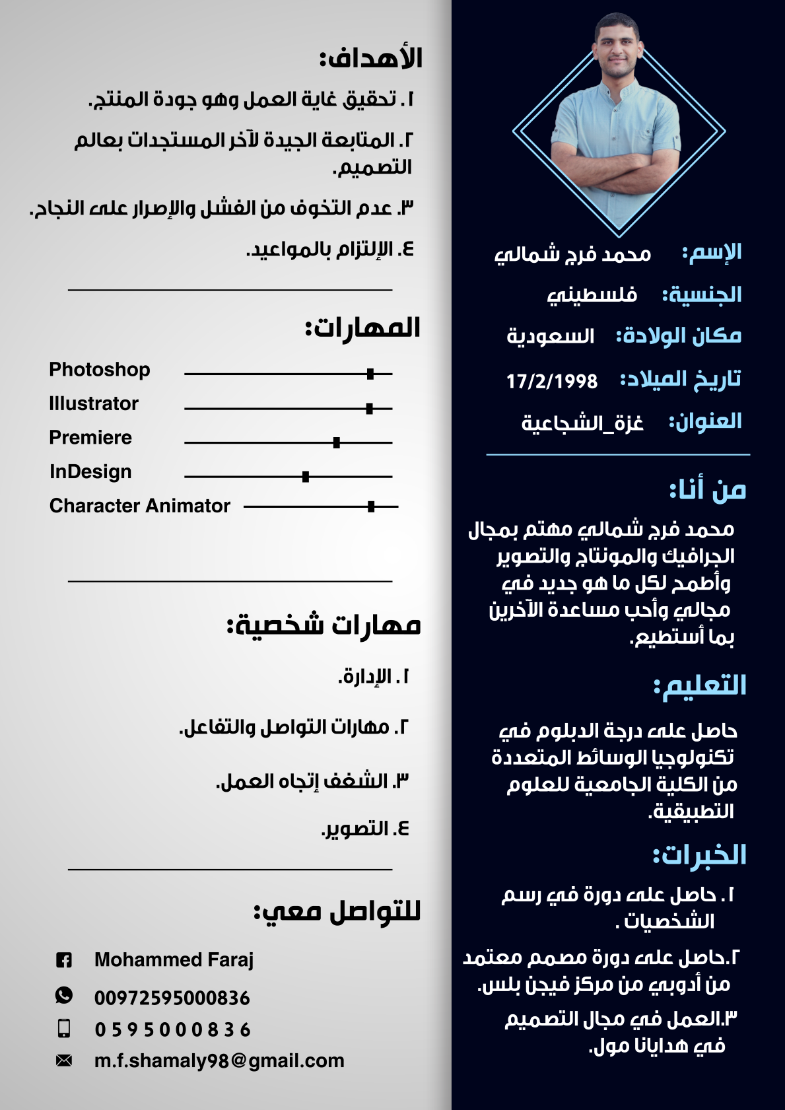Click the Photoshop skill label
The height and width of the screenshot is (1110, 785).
100,369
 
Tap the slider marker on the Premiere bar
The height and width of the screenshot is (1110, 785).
337,442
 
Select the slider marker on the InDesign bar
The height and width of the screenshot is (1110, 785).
306,477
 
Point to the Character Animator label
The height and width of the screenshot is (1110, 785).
140,506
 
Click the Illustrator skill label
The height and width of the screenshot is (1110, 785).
94,403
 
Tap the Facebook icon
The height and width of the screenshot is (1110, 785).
64,960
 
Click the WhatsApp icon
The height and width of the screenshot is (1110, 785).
64,995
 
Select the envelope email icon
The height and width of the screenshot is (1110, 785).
64,1060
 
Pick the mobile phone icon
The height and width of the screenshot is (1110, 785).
64,1028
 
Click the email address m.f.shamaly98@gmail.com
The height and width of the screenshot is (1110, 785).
219,1060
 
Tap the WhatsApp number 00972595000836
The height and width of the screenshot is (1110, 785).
172,998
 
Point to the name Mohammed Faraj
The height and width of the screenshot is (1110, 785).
174,959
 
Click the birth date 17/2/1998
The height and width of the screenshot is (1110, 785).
552,381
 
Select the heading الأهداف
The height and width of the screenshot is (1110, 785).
371,58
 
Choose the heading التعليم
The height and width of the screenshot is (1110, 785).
700,685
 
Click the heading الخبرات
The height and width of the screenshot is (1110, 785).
700,855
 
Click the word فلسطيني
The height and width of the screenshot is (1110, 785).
592,295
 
